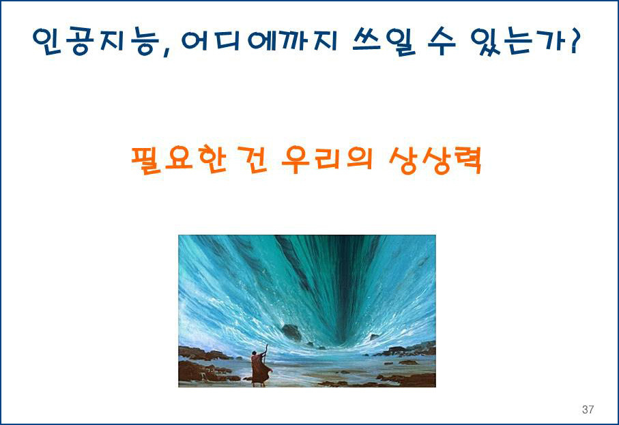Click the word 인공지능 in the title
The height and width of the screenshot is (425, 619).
pos(96,41)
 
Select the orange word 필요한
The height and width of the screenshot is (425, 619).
pos(179,160)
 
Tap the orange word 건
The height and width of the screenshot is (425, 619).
pos(253,160)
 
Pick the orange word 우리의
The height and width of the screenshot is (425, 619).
pos(328,159)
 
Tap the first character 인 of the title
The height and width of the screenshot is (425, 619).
pos(46,41)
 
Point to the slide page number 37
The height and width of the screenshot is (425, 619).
pos(588,409)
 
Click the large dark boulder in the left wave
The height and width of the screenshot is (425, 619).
pos(291,332)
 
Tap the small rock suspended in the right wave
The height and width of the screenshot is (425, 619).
pos(374,336)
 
